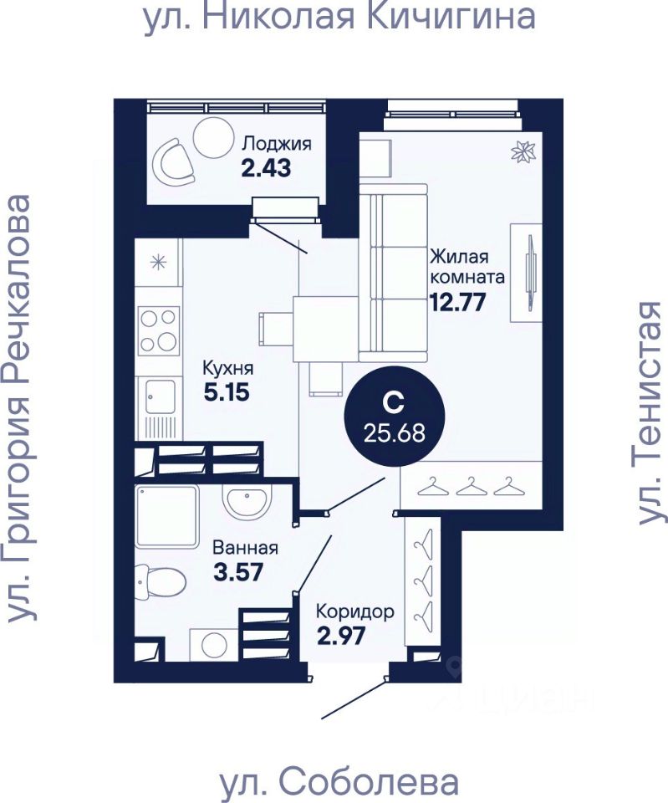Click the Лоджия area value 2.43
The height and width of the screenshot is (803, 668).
pyautogui.click(x=266, y=168)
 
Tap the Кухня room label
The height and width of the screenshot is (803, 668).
pyautogui.click(x=227, y=368)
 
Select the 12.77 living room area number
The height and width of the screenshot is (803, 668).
pyautogui.click(x=457, y=302)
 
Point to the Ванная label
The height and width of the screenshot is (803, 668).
pyautogui.click(x=245, y=548)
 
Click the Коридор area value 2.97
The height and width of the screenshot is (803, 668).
pyautogui.click(x=341, y=636)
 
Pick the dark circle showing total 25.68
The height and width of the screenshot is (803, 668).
pyautogui.click(x=394, y=417)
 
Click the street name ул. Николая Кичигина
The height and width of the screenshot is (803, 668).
pyautogui.click(x=339, y=17)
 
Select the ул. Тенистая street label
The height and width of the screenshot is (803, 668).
pyautogui.click(x=650, y=412)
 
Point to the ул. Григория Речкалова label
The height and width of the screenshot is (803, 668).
pyautogui.click(x=20, y=408)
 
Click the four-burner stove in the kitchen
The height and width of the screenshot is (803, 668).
pyautogui.click(x=159, y=331)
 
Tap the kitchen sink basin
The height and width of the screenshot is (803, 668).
pyautogui.click(x=159, y=396)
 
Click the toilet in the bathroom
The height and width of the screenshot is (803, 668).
pyautogui.click(x=161, y=581)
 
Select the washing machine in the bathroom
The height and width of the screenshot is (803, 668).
pyautogui.click(x=214, y=644)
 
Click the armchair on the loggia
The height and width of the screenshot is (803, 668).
pyautogui.click(x=174, y=163)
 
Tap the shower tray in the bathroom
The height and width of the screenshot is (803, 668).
pyautogui.click(x=167, y=517)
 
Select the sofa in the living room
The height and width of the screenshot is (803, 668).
pyautogui.click(x=393, y=273)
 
